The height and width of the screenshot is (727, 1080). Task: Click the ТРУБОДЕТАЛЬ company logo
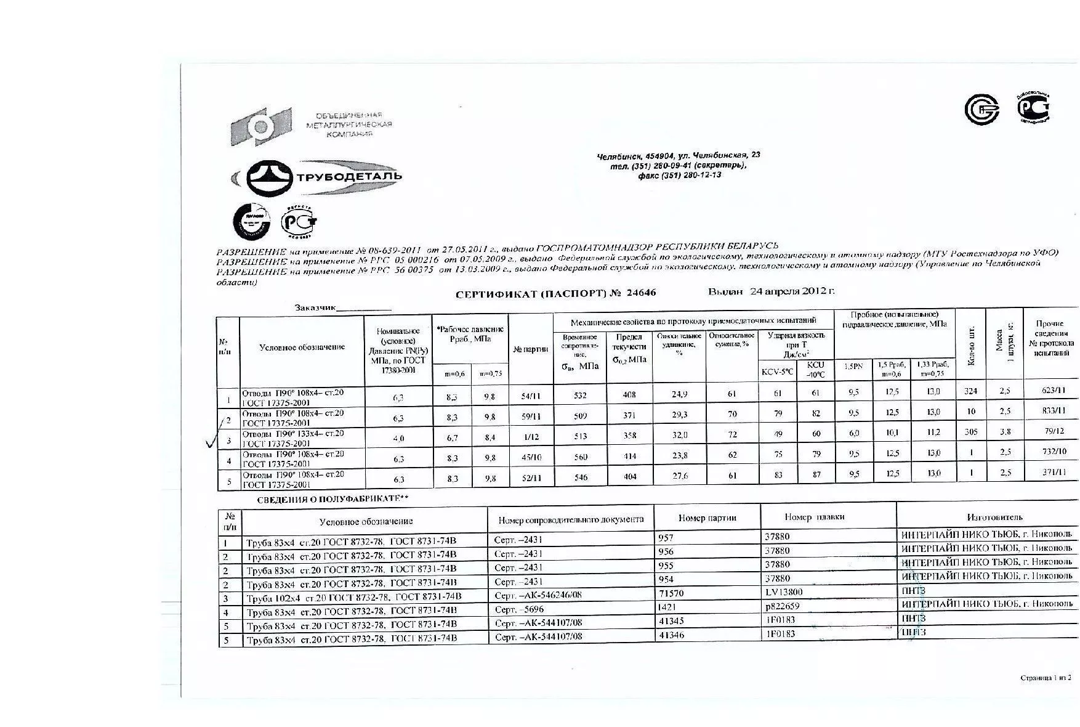click(317, 176)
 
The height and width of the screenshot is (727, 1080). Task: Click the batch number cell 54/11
click(531, 396)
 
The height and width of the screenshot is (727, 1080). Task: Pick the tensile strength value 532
click(579, 396)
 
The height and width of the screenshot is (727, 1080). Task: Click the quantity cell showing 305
click(970, 432)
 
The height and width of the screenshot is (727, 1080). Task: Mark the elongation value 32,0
click(680, 436)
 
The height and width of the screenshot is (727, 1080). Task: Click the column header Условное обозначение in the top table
click(302, 347)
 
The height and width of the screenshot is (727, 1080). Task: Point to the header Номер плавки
click(814, 518)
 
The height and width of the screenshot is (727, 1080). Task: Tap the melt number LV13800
click(784, 592)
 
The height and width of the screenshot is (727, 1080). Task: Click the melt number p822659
click(782, 606)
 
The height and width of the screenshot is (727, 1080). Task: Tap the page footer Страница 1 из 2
click(1046, 678)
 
